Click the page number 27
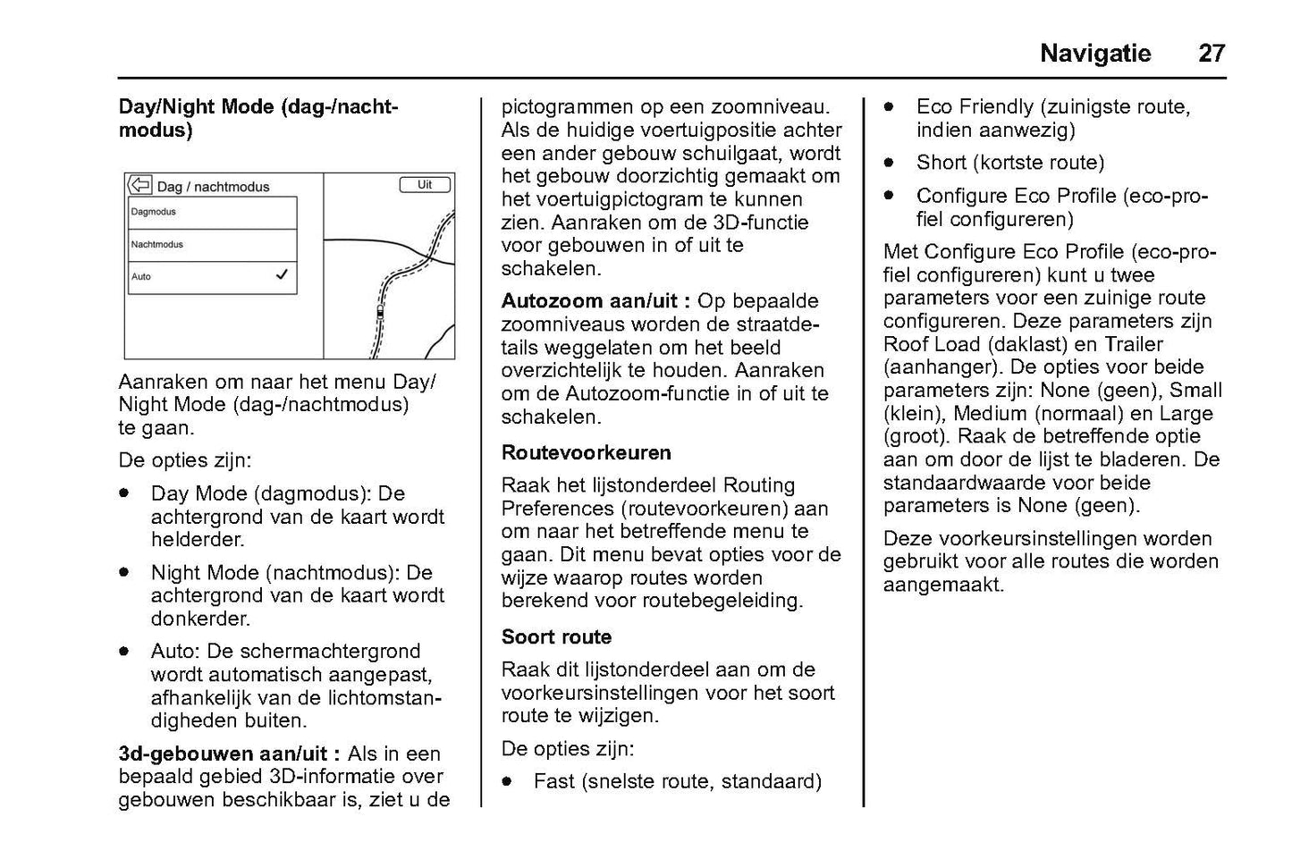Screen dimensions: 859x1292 1211,54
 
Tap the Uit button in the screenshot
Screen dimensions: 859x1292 425,185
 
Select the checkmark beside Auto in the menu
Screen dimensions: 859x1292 282,276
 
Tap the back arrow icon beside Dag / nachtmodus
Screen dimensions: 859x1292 140,185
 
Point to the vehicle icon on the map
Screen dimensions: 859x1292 380,312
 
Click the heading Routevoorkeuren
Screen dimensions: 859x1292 586,453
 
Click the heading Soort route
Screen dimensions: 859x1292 556,637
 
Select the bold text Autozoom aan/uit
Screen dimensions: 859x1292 595,301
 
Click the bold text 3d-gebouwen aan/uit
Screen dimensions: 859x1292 229,754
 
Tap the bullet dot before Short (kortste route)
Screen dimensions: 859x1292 890,163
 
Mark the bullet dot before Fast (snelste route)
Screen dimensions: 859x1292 507,781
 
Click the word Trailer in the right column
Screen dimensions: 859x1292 1134,344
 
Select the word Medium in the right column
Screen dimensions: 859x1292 990,414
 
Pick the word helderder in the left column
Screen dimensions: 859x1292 197,540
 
